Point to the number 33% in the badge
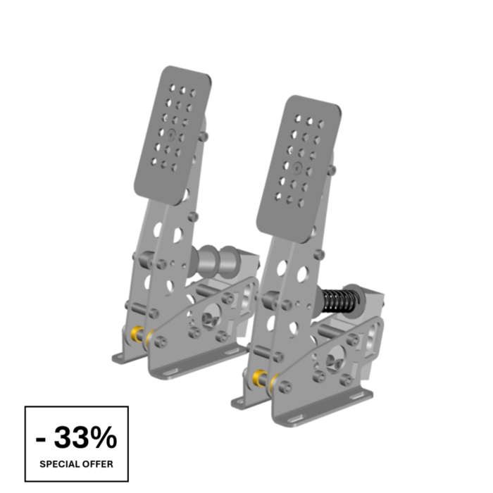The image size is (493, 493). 85,437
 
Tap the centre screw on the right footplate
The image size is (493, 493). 299,168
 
